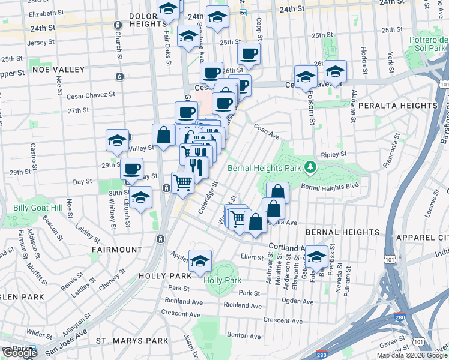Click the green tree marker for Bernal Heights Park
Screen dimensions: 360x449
click(310, 166)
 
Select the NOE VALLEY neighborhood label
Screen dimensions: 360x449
click(59, 70)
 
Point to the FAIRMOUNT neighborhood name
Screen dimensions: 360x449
click(117, 249)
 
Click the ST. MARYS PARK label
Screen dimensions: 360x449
click(132, 341)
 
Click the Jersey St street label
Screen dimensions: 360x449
click(41, 43)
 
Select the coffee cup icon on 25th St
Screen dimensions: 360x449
click(248, 54)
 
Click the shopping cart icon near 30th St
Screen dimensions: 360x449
click(182, 182)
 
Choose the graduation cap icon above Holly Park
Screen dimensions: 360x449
click(200, 261)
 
